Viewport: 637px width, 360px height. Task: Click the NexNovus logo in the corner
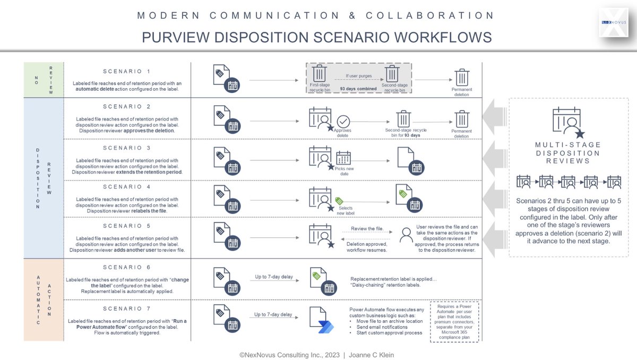click(613, 22)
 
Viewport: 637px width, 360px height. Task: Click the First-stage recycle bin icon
click(320, 73)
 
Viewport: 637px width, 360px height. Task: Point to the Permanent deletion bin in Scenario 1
click(462, 78)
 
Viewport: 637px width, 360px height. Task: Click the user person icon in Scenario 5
click(407, 234)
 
